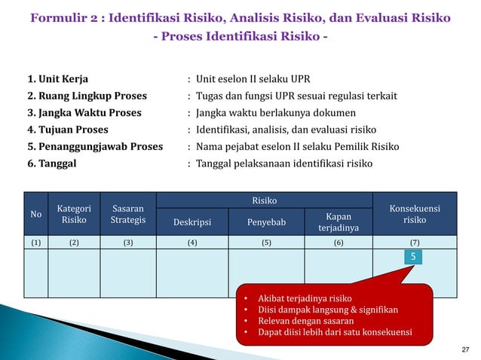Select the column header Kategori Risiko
[x=74, y=214]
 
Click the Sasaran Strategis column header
[x=127, y=214]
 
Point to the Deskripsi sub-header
[x=192, y=222]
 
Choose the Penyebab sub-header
[x=266, y=222]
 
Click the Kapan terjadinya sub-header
[x=339, y=222]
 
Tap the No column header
[x=35, y=214]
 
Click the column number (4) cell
[x=192, y=243]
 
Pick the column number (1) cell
[x=35, y=243]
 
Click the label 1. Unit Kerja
[x=58, y=78]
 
